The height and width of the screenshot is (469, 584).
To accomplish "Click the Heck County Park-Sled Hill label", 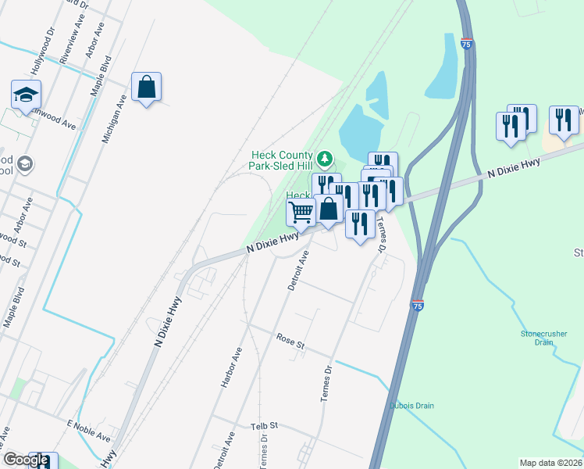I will pos(281,160).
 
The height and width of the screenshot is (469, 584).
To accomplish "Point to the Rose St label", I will pos(290,340).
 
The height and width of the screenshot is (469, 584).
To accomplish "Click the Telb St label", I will pos(265,427).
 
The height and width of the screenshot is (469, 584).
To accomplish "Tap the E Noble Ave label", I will pos(91,428).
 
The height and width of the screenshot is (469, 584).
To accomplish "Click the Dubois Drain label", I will pos(411,406).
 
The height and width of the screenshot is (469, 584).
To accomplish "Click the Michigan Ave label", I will pos(115,118).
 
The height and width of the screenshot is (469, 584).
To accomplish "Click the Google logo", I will pos(25,460).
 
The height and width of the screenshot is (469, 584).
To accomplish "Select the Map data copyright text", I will pos(550,463).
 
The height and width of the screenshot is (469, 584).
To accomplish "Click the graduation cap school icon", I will pos(27,95).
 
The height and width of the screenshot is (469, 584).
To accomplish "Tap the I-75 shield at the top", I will pos(465,45).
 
